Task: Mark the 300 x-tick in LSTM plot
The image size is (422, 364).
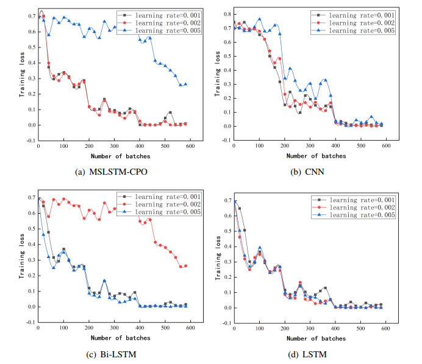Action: [x=310, y=330]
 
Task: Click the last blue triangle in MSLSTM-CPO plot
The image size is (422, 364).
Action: [x=185, y=84]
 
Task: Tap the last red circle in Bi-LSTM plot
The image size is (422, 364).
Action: [x=185, y=265]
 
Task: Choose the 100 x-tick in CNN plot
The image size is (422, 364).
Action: [x=259, y=147]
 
